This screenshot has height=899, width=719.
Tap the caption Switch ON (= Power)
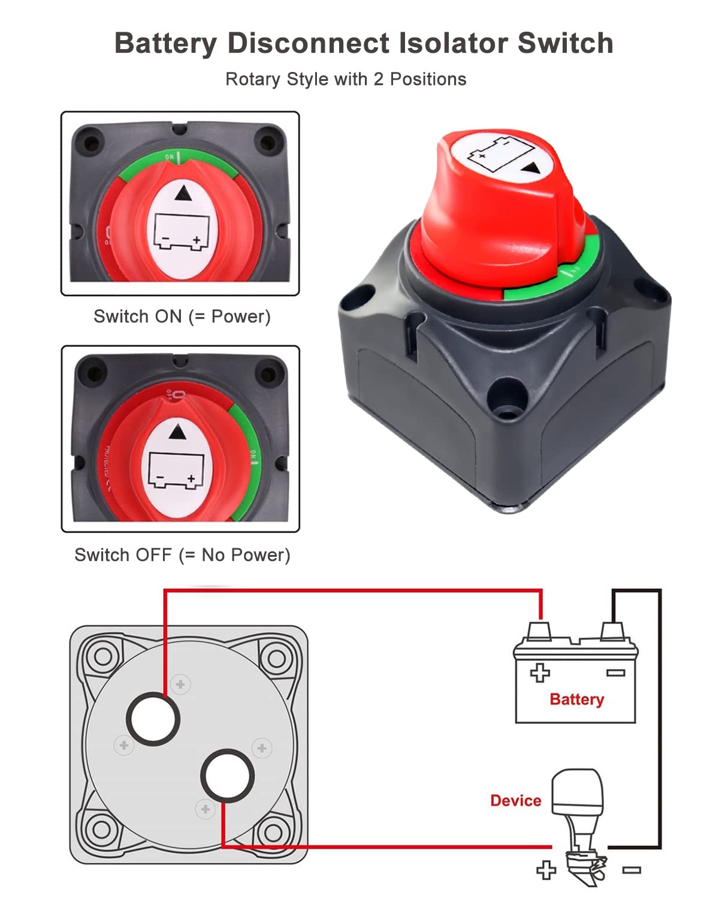click(x=182, y=316)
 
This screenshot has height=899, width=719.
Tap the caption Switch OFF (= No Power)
click(x=182, y=555)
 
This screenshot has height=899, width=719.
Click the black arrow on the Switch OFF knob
click(x=177, y=432)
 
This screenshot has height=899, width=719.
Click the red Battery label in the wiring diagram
click(x=576, y=699)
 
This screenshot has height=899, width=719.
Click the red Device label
click(x=515, y=801)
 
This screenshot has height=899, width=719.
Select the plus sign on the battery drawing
click(x=540, y=672)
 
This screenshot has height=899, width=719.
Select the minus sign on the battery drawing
click(x=615, y=672)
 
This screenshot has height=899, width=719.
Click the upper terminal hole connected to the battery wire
click(x=153, y=719)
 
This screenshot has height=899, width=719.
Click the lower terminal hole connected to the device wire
click(x=227, y=776)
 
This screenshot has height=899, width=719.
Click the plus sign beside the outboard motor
click(x=546, y=870)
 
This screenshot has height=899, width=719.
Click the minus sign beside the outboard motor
click(x=632, y=870)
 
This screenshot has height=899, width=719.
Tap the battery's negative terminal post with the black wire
click(x=612, y=632)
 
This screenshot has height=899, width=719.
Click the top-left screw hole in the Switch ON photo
click(x=90, y=144)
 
